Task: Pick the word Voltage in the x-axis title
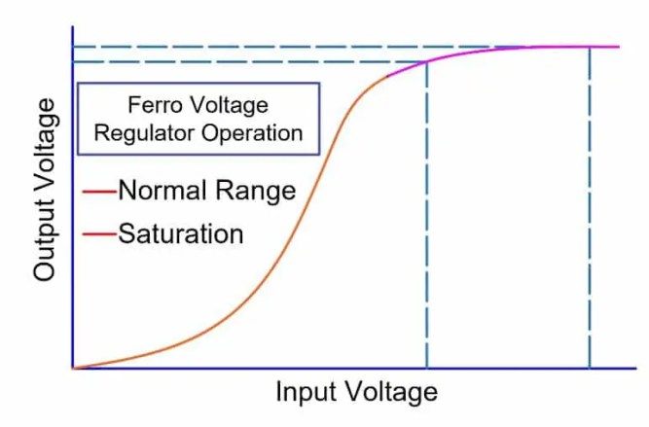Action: click(x=394, y=393)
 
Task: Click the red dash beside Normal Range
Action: click(x=98, y=191)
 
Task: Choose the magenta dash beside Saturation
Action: click(x=98, y=234)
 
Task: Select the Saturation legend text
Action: click(x=180, y=234)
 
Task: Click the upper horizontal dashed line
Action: click(x=292, y=47)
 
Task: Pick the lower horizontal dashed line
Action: click(x=243, y=62)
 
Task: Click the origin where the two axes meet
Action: click(x=72, y=369)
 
